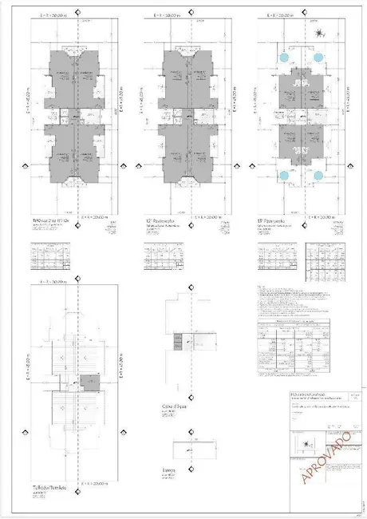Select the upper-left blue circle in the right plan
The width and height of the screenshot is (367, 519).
[284, 58]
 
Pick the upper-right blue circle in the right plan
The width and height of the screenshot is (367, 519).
[318, 58]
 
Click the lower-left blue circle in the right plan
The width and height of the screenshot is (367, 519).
[284, 176]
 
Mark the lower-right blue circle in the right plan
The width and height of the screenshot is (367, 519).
[318, 176]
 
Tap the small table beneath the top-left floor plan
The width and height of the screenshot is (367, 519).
[49, 259]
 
